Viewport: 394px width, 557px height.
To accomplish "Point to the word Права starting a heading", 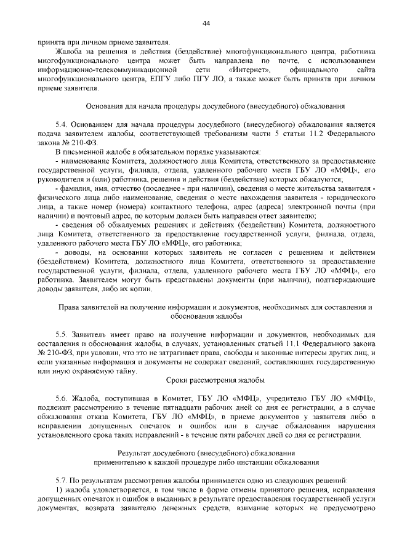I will pyautogui.click(x=68, y=305).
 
